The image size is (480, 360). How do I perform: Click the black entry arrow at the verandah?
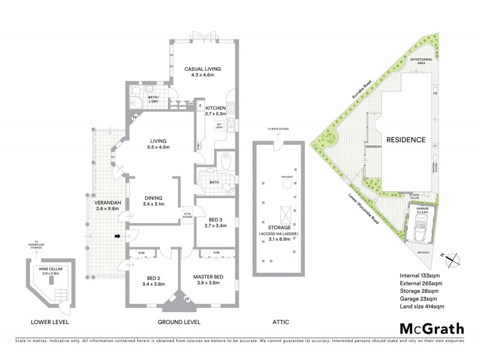point(118,237)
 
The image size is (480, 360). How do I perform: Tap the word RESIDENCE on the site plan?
point(406,140)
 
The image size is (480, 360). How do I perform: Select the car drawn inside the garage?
point(419,231)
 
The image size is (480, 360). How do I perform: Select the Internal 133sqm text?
point(421,275)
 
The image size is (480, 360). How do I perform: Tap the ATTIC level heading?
point(280,322)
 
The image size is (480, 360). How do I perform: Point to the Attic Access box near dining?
point(187,215)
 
